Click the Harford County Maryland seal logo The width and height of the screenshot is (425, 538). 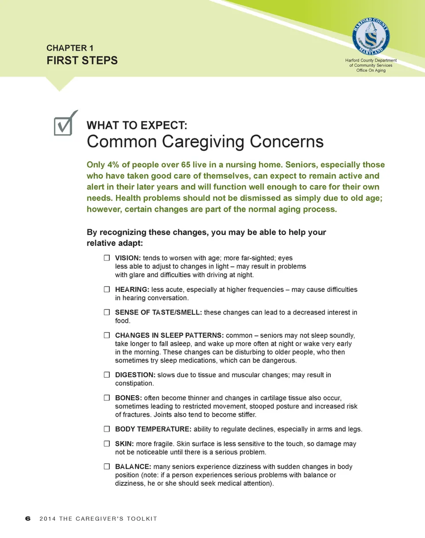point(371,37)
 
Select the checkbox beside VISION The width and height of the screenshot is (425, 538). point(107,257)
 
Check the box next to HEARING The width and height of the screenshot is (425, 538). point(107,290)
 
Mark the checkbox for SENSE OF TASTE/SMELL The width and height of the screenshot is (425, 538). point(107,313)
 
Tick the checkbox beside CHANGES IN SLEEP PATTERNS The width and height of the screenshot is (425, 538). point(107,336)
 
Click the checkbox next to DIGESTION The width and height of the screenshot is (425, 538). point(107,375)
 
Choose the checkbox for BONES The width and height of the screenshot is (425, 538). point(107,398)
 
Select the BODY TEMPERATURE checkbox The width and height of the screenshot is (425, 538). point(107,429)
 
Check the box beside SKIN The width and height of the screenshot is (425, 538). point(107,444)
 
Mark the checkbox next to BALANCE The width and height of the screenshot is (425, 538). point(107,467)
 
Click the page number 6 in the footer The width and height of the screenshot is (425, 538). point(28,519)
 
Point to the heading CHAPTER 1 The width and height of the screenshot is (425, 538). point(70,48)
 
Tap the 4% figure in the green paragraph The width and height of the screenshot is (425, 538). point(112,165)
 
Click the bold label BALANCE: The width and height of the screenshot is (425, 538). point(133,467)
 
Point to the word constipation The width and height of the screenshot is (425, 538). point(135,383)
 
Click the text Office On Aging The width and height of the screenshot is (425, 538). point(371,71)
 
